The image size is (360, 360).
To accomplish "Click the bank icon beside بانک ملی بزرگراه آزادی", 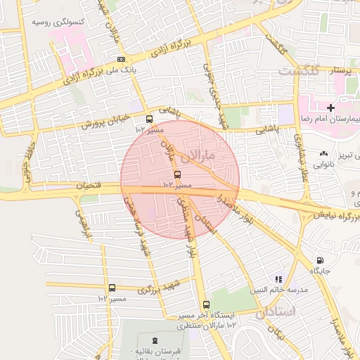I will (122, 59).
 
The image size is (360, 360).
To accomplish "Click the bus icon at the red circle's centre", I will (176, 174).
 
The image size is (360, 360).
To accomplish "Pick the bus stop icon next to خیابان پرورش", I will (148, 119).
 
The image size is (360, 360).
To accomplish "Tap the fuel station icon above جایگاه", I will (321, 260).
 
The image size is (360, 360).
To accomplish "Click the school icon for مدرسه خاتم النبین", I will (278, 279).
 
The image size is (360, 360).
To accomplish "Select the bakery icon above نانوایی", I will (323, 153).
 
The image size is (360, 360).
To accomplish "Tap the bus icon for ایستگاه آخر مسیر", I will (206, 305).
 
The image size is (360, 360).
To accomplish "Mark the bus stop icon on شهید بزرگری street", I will (112, 288).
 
